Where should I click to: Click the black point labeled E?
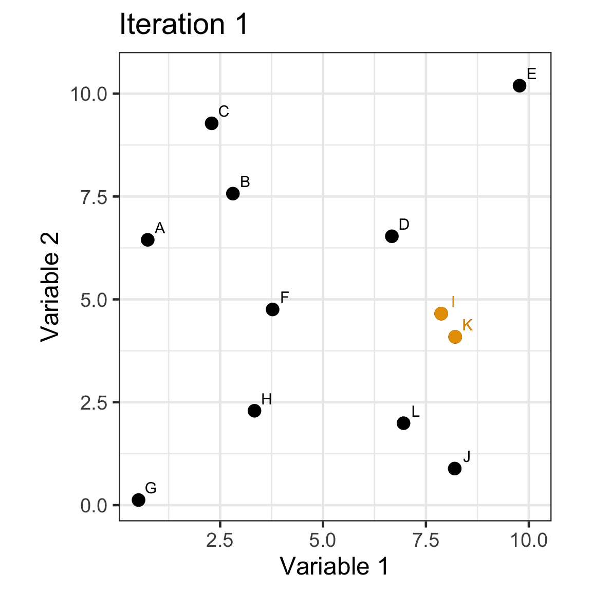[x=520, y=85]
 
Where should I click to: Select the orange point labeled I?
[x=441, y=313]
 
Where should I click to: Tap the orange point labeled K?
[x=455, y=337]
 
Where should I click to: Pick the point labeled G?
[x=138, y=499]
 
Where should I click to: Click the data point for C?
[x=212, y=123]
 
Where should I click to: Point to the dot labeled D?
[x=392, y=236]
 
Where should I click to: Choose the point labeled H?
[x=254, y=411]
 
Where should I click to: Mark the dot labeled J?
[x=455, y=468]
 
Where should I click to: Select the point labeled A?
[x=147, y=240]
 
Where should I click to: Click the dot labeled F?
[x=272, y=309]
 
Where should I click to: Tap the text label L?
[x=416, y=411]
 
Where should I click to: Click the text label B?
[x=245, y=181]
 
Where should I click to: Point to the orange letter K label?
[x=467, y=325]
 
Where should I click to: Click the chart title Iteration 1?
[x=183, y=25]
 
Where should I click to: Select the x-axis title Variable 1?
[x=335, y=566]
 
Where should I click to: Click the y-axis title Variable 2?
[x=50, y=287]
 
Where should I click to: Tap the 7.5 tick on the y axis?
[x=92, y=197]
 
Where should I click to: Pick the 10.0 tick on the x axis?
[x=528, y=541]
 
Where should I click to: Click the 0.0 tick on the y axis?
[x=92, y=506]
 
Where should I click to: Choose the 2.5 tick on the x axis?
[x=220, y=541]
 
